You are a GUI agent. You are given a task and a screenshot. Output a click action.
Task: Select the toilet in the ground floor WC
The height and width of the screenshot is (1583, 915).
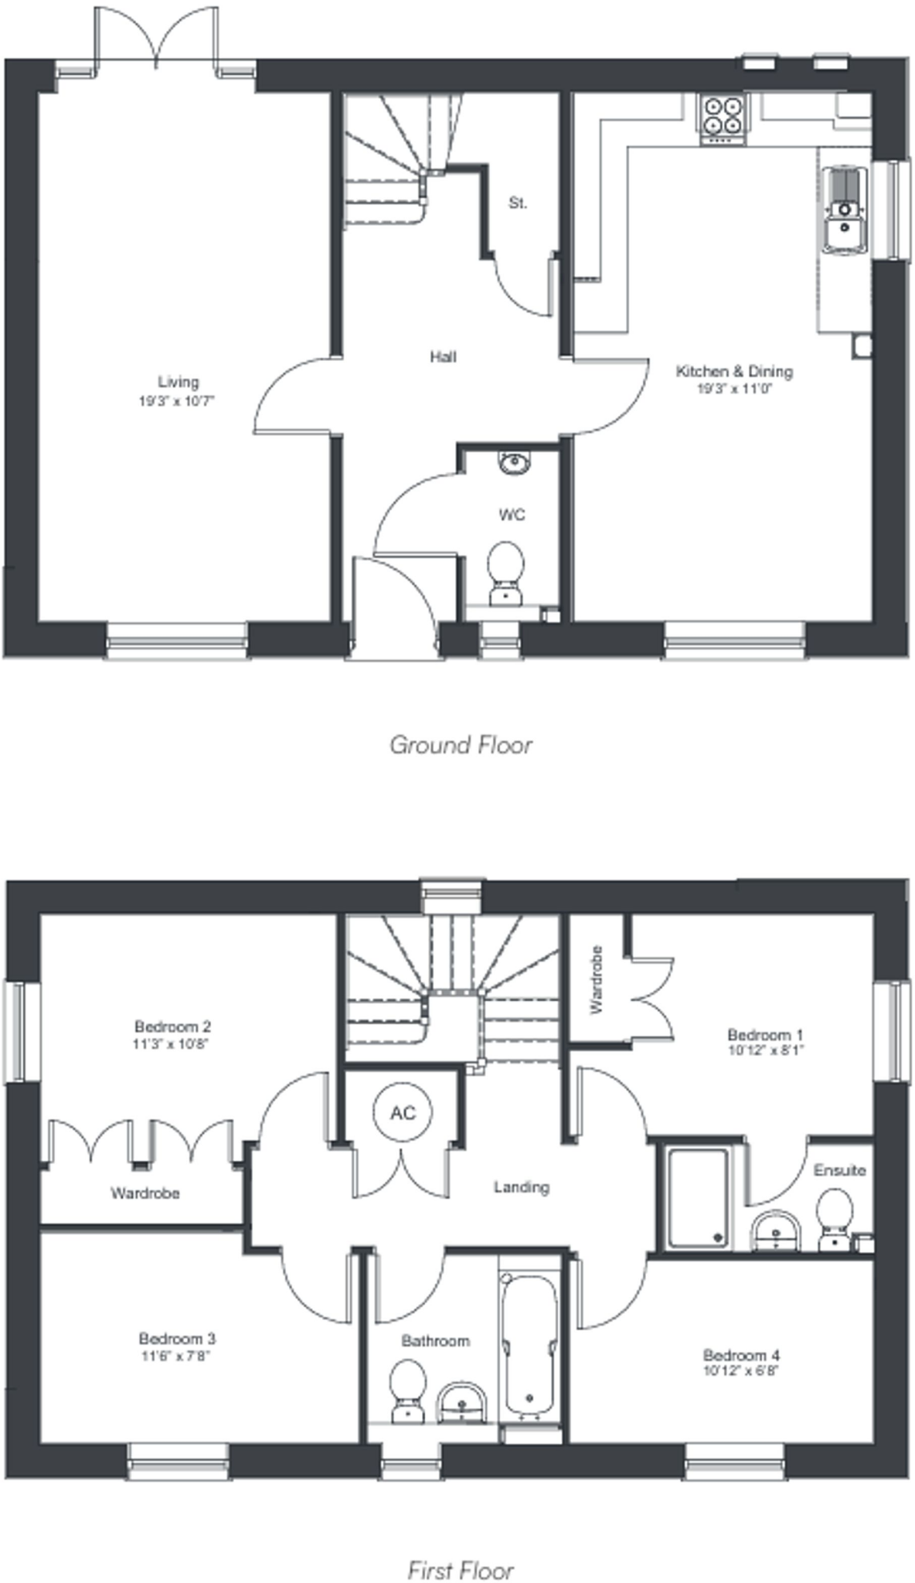pos(506,570)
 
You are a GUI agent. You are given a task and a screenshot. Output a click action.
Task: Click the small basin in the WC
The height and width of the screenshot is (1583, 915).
pos(514,463)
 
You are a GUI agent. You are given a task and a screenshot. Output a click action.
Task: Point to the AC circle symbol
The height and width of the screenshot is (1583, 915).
pos(403,1112)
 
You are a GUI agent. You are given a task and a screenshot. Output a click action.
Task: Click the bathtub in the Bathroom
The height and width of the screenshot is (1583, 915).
pos(529,1344)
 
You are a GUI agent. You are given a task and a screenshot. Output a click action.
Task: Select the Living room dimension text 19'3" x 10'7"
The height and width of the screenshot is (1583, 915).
pos(177,401)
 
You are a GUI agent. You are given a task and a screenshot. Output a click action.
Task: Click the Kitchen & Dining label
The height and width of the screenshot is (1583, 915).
pos(734,371)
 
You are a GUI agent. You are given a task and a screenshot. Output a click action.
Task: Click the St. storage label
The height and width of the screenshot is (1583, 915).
pos(518,203)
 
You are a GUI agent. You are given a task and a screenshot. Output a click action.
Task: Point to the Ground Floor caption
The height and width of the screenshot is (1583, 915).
pos(461,745)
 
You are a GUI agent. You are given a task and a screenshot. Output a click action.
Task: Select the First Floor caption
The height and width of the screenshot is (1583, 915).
pos(461,1571)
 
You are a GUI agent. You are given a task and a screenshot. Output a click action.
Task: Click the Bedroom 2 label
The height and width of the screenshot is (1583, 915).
pos(172,1026)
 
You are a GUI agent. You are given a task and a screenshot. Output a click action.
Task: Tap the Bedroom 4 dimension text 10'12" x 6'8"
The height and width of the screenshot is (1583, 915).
pos(741,1370)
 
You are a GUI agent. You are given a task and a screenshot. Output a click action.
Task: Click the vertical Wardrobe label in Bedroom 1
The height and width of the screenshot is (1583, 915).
pos(596,980)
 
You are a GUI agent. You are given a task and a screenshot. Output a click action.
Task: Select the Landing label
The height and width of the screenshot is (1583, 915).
pos(522,1186)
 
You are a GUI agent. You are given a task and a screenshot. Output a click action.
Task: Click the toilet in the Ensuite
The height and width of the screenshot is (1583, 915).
pos(835,1218)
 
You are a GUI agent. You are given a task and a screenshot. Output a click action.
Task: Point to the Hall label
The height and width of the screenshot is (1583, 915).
pos(443,356)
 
